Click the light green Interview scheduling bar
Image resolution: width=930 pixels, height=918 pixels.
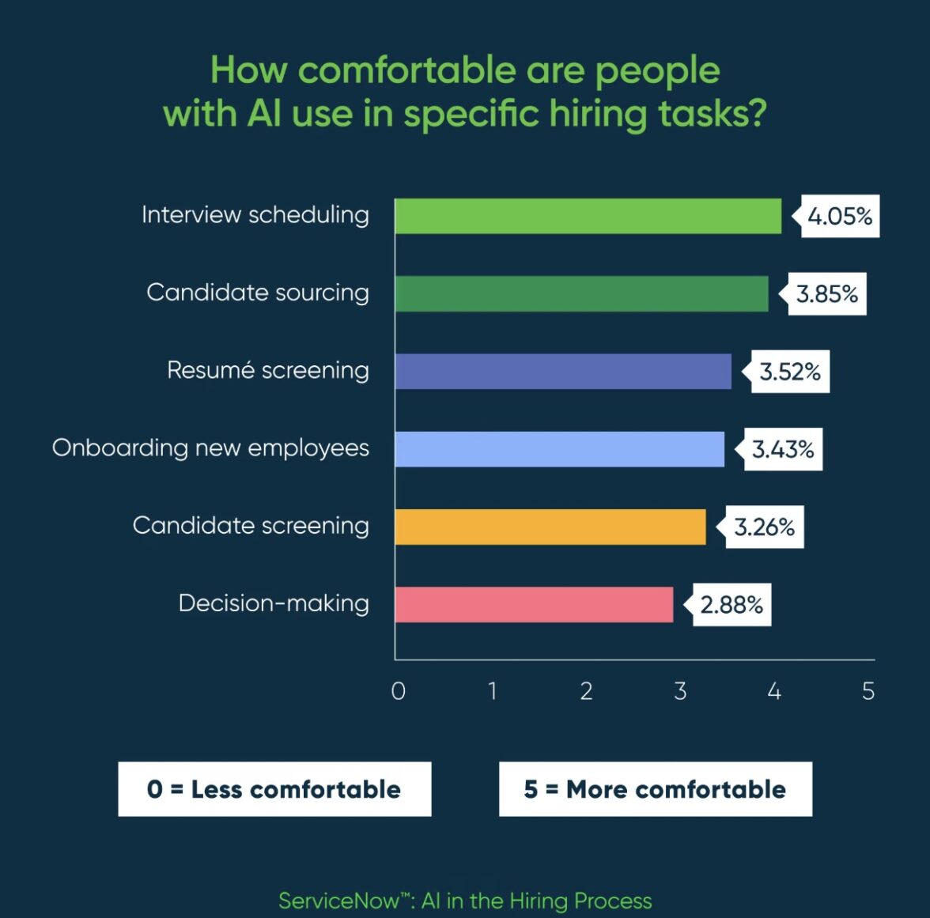tap(588, 216)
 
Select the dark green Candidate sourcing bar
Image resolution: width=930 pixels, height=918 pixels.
tap(581, 293)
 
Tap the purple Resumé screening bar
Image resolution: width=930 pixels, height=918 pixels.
tap(563, 371)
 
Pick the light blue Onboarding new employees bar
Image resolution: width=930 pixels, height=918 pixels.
tap(559, 448)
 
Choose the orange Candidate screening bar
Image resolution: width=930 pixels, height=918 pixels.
tap(550, 527)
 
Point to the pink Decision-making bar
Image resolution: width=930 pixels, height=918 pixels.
tap(534, 604)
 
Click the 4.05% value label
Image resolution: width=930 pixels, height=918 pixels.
tap(840, 216)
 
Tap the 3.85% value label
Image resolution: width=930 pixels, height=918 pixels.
tap(827, 294)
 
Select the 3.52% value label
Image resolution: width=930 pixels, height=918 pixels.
tap(790, 372)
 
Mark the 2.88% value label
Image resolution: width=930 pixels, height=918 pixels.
tap(732, 605)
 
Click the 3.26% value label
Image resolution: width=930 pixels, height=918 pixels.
tap(764, 527)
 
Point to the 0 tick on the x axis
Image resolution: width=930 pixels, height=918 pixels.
tap(399, 691)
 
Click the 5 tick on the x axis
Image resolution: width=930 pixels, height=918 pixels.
tap(868, 691)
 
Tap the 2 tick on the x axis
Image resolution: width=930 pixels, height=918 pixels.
tap(586, 691)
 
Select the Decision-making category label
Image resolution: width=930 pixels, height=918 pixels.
tap(274, 603)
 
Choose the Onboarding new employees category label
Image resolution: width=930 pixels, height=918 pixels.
tap(210, 448)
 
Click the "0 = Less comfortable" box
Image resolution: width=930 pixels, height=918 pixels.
tap(274, 789)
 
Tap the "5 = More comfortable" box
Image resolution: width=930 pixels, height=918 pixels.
tap(655, 789)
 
